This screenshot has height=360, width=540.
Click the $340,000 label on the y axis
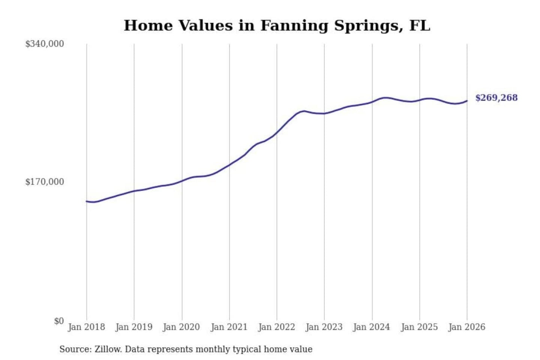(x=45, y=44)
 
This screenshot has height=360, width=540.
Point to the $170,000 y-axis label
(x=45, y=182)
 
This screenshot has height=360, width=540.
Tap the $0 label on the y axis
(x=59, y=321)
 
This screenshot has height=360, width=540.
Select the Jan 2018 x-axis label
(x=86, y=327)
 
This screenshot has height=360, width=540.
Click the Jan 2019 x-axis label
(x=134, y=327)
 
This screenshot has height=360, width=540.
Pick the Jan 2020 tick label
(x=181, y=327)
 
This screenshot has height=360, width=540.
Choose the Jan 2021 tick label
(x=229, y=327)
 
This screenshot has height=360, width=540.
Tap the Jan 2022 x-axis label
(x=277, y=327)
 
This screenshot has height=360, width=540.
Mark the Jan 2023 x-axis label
(x=324, y=327)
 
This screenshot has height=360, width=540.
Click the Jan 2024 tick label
(x=372, y=327)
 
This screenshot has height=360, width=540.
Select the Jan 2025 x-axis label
(x=419, y=327)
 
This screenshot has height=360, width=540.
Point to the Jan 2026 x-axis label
(x=467, y=327)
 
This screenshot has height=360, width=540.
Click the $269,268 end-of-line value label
(x=496, y=98)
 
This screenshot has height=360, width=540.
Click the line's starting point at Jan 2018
(x=87, y=201)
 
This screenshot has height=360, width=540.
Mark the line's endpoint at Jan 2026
(x=467, y=100)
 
